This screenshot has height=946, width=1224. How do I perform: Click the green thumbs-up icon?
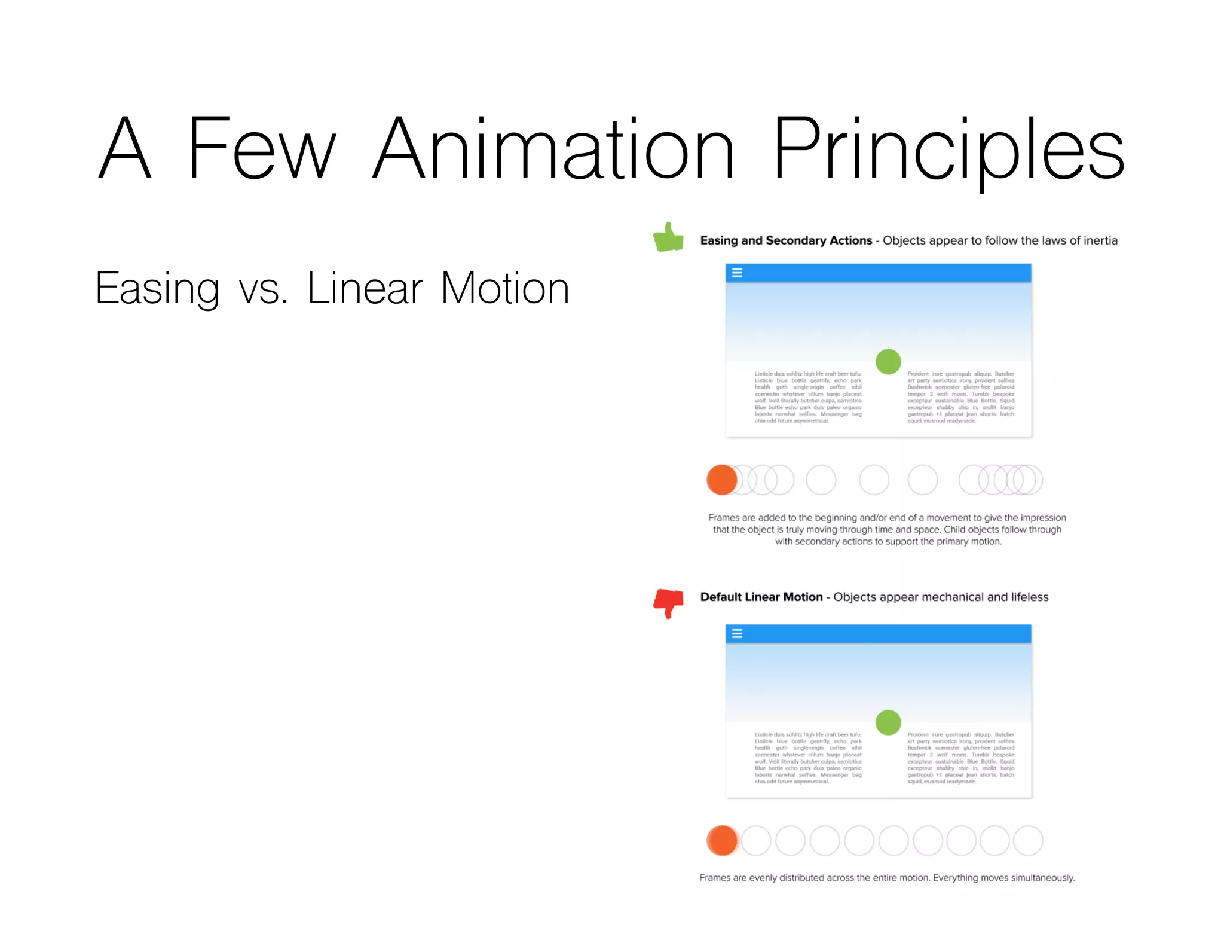(x=668, y=237)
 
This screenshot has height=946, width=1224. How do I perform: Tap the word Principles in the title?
(x=948, y=149)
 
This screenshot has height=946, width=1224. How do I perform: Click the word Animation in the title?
(x=553, y=149)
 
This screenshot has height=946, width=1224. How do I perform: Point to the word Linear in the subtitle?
(x=365, y=289)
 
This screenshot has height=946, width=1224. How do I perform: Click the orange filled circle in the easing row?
(x=721, y=480)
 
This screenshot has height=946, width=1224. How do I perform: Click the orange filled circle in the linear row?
(x=721, y=840)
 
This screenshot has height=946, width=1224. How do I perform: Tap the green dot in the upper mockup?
(x=888, y=361)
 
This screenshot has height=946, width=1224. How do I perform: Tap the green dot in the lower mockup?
(x=888, y=722)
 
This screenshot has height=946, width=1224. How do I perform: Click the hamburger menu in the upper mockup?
(x=737, y=273)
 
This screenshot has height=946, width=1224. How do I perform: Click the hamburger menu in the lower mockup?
(x=737, y=633)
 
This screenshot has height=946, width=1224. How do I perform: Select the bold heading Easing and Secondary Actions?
(x=786, y=240)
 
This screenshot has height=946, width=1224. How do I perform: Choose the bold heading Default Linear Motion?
(x=761, y=597)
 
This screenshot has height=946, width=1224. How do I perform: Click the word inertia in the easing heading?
(x=1100, y=240)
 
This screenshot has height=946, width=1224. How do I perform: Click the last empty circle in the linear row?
(x=1028, y=840)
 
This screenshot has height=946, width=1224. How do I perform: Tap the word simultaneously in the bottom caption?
(x=1042, y=878)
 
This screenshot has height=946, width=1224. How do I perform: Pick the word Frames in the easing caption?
(x=723, y=518)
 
